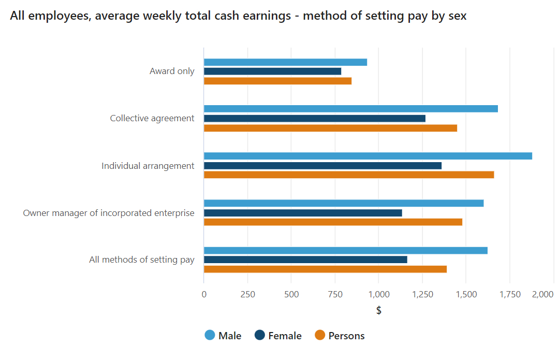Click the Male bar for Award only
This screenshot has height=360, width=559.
pos(285,62)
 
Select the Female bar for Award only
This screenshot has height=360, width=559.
pos(272,71)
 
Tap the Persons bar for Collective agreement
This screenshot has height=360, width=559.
pos(330,128)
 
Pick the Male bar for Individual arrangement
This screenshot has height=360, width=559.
pos(367,156)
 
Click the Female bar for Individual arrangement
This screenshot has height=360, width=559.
pos(322,166)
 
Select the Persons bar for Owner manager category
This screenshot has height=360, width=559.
pos(333,222)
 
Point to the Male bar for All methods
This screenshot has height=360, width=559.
pos(345,251)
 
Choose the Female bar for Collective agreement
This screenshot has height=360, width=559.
pos(314,119)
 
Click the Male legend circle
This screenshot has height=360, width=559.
pos(210,336)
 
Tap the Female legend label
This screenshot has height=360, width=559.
pos(285,336)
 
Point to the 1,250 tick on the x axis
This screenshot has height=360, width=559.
pos(422,295)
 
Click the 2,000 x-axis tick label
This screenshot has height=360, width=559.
pos(542,295)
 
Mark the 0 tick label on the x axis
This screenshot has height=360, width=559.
pos(204,295)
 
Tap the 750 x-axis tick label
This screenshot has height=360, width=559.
pos(335,295)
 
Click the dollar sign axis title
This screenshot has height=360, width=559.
pos(379,310)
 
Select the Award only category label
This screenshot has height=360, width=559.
pos(172,71)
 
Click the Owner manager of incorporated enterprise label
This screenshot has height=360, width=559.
pos(109,213)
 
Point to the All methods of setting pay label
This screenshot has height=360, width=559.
pos(141,260)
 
